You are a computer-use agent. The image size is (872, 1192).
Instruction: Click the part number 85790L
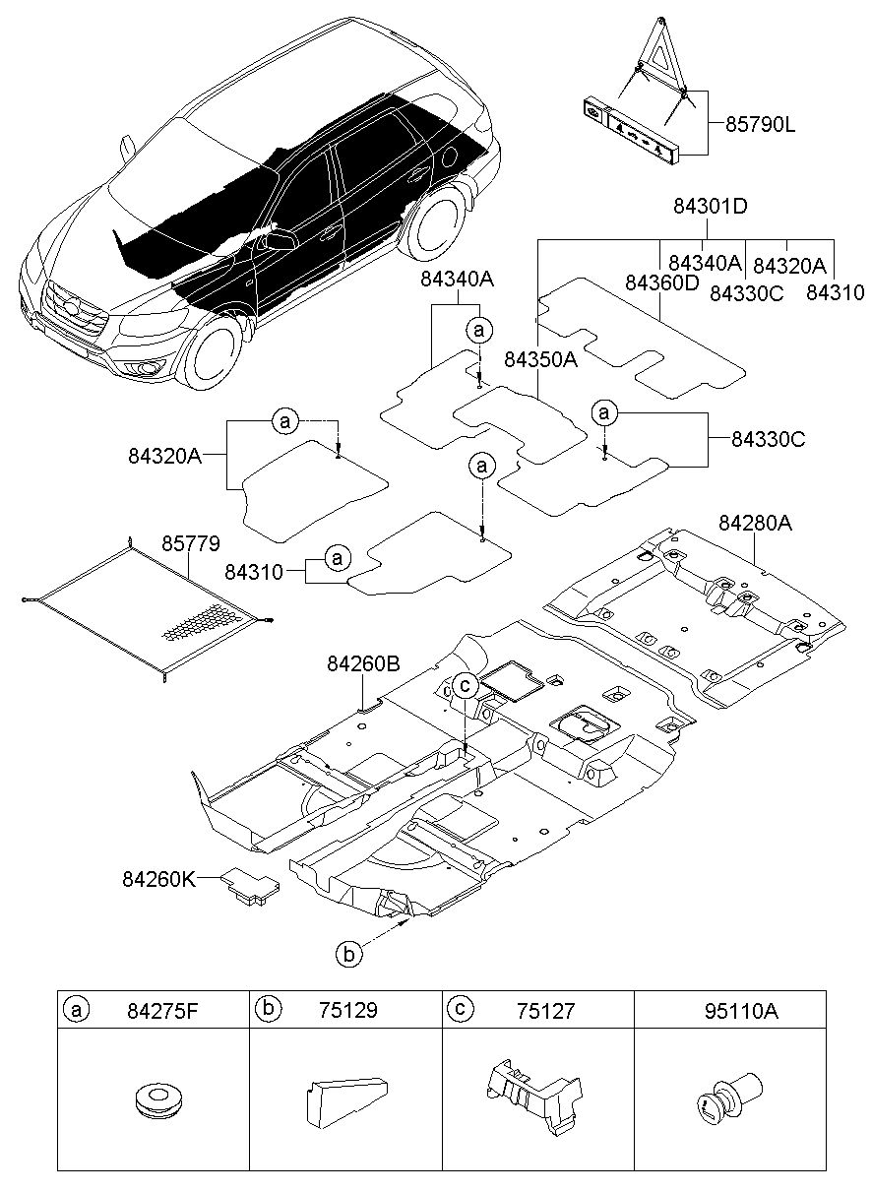(760, 126)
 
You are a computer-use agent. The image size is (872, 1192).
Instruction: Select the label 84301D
(711, 206)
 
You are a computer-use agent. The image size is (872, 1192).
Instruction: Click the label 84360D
(661, 282)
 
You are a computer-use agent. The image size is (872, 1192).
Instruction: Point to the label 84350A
(540, 359)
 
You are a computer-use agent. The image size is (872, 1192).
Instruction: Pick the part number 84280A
(755, 523)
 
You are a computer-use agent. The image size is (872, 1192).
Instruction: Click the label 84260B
(363, 663)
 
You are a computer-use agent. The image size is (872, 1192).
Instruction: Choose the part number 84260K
(159, 879)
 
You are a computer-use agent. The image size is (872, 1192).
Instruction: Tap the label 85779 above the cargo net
(191, 543)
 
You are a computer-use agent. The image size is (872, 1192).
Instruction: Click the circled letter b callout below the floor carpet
(348, 954)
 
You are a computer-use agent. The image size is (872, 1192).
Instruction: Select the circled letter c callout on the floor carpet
(465, 686)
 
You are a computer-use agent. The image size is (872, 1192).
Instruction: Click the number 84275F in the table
(162, 1011)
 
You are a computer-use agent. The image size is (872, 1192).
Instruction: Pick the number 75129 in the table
(348, 1010)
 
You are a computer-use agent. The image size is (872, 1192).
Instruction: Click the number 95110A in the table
(741, 1011)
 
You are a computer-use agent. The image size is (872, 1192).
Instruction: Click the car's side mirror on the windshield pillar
(128, 148)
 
